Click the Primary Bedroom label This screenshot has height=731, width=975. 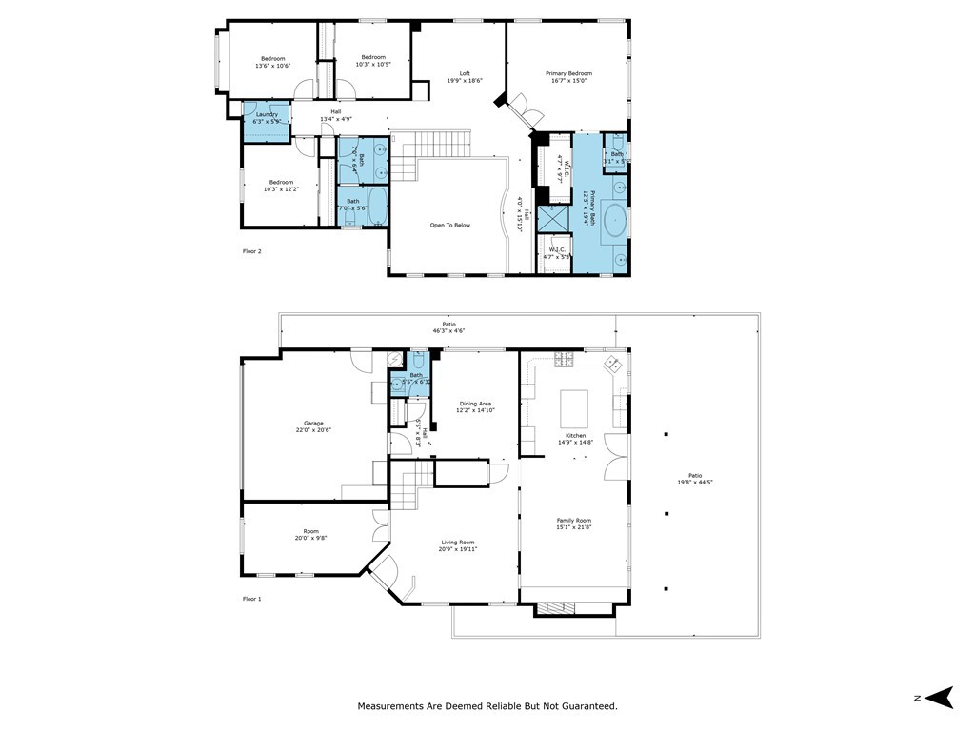(x=568, y=74)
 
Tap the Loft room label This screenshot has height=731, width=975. (x=465, y=74)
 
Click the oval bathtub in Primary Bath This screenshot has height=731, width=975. (x=617, y=219)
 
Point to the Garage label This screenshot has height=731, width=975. (x=313, y=424)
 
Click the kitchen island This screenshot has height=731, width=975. (x=574, y=408)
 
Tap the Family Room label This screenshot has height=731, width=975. (x=574, y=521)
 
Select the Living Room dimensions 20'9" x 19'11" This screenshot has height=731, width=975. (x=458, y=549)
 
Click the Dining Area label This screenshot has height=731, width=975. (x=475, y=404)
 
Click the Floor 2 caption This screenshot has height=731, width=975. (x=251, y=251)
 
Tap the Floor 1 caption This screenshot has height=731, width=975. (x=251, y=599)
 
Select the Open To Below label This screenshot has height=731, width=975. (x=450, y=226)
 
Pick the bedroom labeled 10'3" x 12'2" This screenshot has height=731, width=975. (x=280, y=186)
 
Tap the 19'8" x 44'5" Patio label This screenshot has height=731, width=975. (x=694, y=479)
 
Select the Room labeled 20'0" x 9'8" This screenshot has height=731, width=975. (x=310, y=535)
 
